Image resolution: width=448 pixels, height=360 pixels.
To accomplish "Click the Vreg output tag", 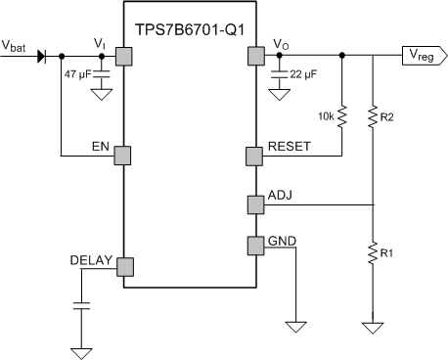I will pos(422,56).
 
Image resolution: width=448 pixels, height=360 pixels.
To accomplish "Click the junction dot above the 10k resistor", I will pos(341,56).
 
